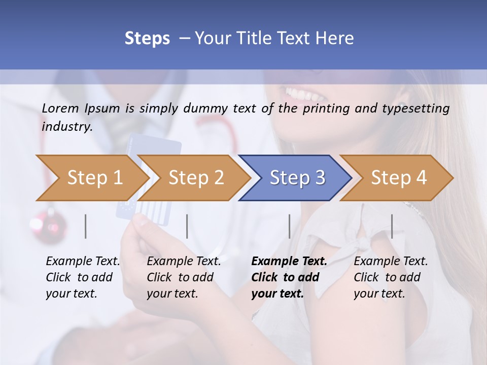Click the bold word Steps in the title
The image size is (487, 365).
tap(147, 39)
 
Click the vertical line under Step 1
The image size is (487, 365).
tap(86, 226)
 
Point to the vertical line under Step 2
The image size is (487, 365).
tap(187, 226)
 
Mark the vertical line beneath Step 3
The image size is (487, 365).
tap(289, 226)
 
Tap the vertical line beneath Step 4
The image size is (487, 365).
tap(392, 226)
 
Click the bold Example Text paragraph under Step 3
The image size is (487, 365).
tap(289, 277)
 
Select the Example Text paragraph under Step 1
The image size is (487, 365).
tap(83, 277)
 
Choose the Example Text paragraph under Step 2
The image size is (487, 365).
tap(184, 277)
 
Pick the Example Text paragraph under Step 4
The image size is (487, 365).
tap(391, 277)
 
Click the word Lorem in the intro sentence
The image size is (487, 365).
tap(60, 108)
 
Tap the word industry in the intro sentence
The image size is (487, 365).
tap(67, 126)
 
